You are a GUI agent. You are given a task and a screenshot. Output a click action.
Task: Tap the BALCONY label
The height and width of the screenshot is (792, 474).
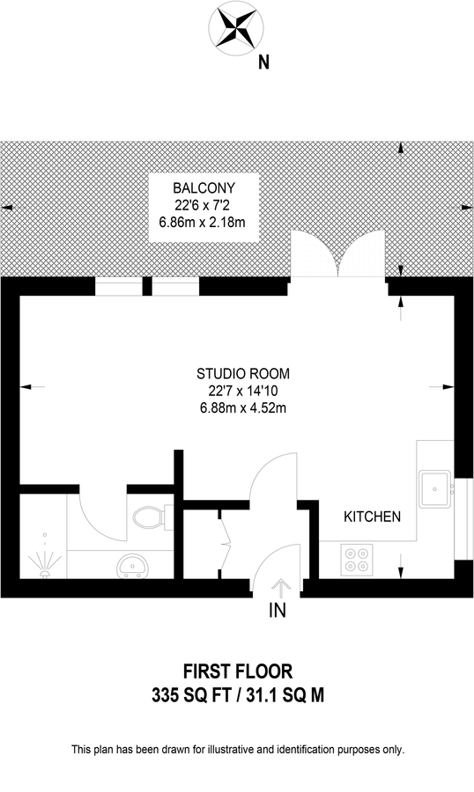[203, 187]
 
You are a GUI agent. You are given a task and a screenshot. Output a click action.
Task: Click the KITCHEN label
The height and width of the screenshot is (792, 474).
[372, 517]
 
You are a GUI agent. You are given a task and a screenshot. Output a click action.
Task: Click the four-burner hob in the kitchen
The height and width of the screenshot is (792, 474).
[357, 560]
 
